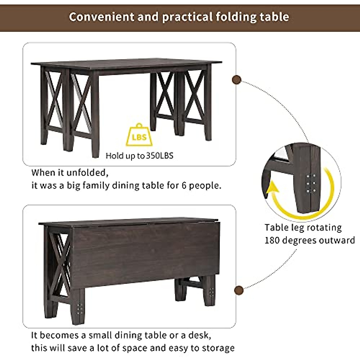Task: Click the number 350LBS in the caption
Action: click(160, 156)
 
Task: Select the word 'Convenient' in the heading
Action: click(101, 17)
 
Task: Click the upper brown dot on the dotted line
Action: click(236, 80)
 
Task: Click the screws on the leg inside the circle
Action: click(311, 183)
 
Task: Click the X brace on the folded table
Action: click(60, 265)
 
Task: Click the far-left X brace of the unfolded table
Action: click(54, 99)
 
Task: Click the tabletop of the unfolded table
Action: click(126, 64)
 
